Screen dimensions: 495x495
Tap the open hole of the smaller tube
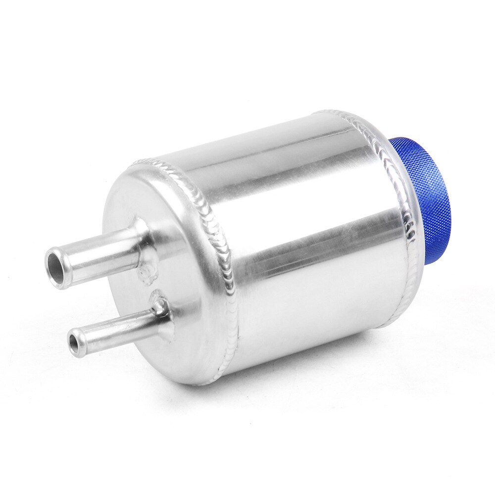[x=75, y=342]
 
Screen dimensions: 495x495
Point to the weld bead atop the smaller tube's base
[x=159, y=299]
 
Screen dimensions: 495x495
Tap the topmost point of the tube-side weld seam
[x=144, y=161]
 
